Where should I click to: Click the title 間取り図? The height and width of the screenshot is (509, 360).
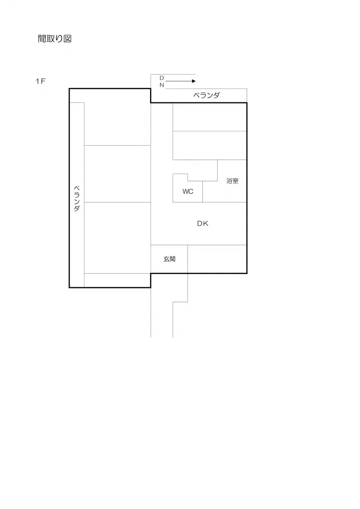click(x=55, y=39)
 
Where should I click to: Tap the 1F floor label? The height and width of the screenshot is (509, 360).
click(x=40, y=82)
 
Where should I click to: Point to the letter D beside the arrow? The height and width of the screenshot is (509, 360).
click(x=162, y=78)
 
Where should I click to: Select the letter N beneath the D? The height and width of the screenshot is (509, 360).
click(x=162, y=85)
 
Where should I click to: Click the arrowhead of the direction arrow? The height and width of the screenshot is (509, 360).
click(x=193, y=81)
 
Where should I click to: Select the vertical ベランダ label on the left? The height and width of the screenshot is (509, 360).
click(x=77, y=199)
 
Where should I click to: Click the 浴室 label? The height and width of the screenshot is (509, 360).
click(x=232, y=181)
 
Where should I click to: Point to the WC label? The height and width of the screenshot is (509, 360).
click(x=187, y=191)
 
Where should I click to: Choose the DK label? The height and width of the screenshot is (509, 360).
click(x=202, y=224)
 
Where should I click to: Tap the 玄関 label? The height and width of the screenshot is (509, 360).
click(x=169, y=259)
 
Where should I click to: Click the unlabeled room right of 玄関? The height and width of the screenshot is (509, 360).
click(x=217, y=259)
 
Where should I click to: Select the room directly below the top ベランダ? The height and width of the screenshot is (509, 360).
click(x=209, y=117)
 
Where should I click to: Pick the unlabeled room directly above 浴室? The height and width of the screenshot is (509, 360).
click(x=209, y=145)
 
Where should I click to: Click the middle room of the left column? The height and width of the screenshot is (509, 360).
click(x=117, y=173)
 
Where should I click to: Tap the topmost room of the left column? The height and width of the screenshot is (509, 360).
click(x=117, y=123)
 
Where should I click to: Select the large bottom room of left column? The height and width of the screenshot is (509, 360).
click(x=117, y=238)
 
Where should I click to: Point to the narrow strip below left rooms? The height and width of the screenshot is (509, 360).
click(x=117, y=280)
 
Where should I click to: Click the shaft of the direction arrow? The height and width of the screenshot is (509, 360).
click(x=177, y=81)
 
